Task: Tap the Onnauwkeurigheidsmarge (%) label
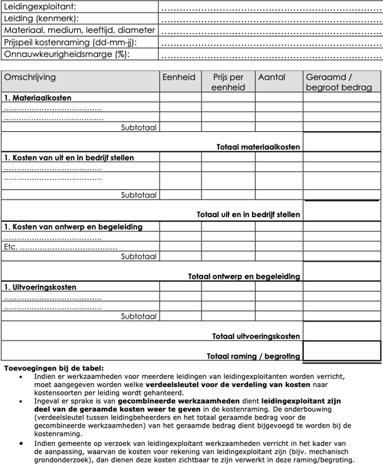[66, 54]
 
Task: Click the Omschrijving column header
[30, 77]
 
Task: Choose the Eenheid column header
[179, 77]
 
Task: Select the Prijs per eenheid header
[228, 82]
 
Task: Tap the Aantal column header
[272, 77]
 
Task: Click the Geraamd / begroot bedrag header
[339, 82]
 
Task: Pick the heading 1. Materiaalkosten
[37, 98]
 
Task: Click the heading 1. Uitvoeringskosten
[40, 287]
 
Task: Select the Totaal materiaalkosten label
[258, 146]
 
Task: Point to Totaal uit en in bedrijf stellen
[248, 215]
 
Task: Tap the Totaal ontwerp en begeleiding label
[244, 276]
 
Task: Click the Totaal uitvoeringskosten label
[256, 336]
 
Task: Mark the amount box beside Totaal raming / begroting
[342, 350]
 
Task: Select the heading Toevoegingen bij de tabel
[54, 367]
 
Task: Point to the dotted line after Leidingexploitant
[270, 8]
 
